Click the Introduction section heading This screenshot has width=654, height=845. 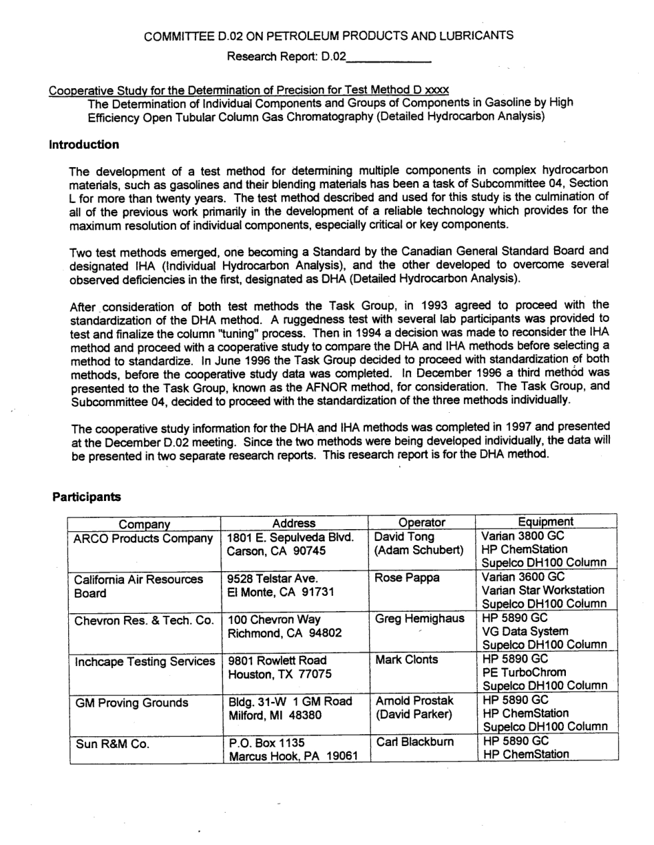(84, 145)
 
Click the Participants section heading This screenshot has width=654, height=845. (86, 496)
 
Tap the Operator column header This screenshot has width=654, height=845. (422, 523)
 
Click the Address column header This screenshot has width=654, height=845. (294, 524)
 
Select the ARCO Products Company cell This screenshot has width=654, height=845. (143, 538)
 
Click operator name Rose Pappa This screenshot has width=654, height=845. (408, 578)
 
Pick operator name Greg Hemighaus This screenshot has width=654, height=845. (419, 619)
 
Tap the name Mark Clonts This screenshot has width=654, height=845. (408, 659)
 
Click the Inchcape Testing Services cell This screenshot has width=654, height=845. (144, 661)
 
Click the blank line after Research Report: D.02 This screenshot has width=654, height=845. (389, 58)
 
